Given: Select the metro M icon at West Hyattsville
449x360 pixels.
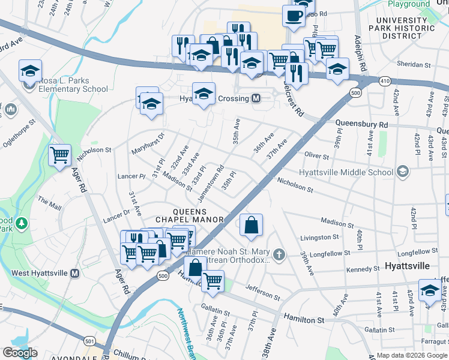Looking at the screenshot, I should (x=75, y=274).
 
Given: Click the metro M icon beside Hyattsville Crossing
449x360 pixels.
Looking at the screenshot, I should (x=256, y=98).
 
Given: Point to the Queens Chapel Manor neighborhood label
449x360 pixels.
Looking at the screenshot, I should (x=190, y=215).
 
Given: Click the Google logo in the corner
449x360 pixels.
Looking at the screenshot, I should (x=20, y=353).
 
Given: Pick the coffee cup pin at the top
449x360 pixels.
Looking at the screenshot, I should (x=293, y=16).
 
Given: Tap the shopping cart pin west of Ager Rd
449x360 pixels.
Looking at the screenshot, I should (x=60, y=156).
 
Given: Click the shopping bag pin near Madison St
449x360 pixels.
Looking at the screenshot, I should (x=252, y=226).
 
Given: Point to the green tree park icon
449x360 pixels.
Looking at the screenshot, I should (x=22, y=224).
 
